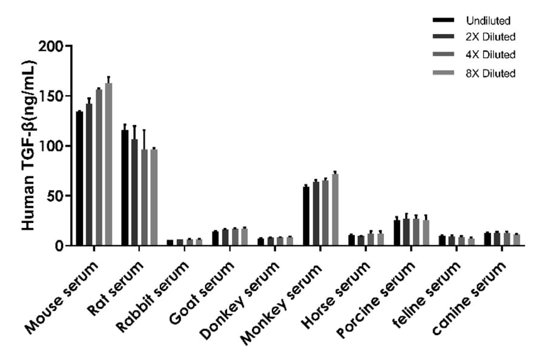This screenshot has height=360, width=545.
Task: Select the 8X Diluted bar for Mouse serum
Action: [x=108, y=164]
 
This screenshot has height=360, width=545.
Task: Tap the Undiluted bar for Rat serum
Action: [x=125, y=188]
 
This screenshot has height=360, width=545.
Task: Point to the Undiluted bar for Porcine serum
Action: [x=397, y=233]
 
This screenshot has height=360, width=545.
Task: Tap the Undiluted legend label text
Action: [x=488, y=21]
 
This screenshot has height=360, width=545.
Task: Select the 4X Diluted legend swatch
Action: [x=446, y=55]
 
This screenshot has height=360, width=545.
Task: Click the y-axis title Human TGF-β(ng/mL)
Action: [x=28, y=145]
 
